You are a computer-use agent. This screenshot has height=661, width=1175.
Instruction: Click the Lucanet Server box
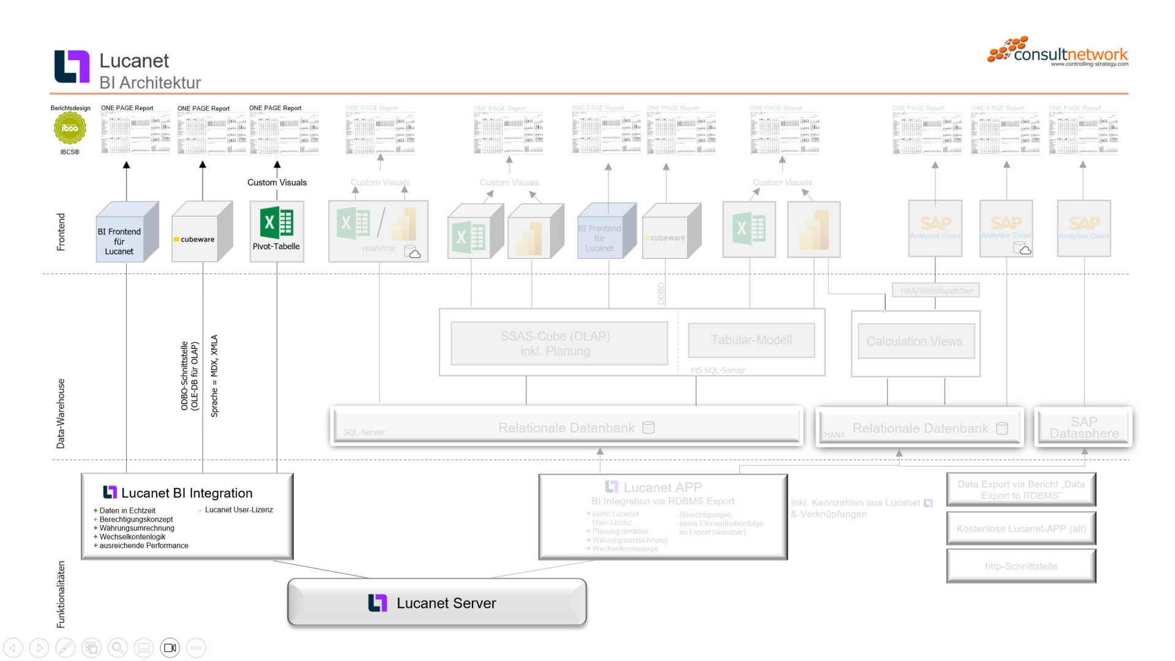point(437,603)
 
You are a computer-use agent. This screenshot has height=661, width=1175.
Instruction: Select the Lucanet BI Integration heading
point(186,493)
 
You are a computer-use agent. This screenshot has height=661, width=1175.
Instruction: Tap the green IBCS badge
point(70,129)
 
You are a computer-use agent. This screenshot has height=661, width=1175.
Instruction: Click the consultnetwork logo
point(1058,51)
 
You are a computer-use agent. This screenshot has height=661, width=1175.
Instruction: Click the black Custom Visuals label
point(277,182)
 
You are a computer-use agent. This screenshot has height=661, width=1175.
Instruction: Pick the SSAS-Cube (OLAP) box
point(559,343)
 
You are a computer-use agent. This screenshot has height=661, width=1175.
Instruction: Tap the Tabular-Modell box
point(751,340)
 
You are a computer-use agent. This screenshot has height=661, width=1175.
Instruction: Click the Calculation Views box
point(914,342)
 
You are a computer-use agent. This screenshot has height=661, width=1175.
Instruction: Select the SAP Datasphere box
point(1083,427)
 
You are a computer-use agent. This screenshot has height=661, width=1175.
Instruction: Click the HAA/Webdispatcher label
point(936,291)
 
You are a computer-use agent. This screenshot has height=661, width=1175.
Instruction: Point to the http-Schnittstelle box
point(1021,566)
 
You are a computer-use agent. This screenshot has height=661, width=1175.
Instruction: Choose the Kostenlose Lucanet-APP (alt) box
point(1021,528)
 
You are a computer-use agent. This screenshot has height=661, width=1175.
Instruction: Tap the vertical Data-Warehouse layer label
point(61,413)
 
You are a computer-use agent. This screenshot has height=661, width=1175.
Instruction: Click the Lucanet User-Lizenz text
point(239,510)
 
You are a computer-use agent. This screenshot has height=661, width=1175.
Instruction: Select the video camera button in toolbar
point(170,648)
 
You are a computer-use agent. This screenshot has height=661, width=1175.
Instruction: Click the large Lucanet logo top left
point(72,66)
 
